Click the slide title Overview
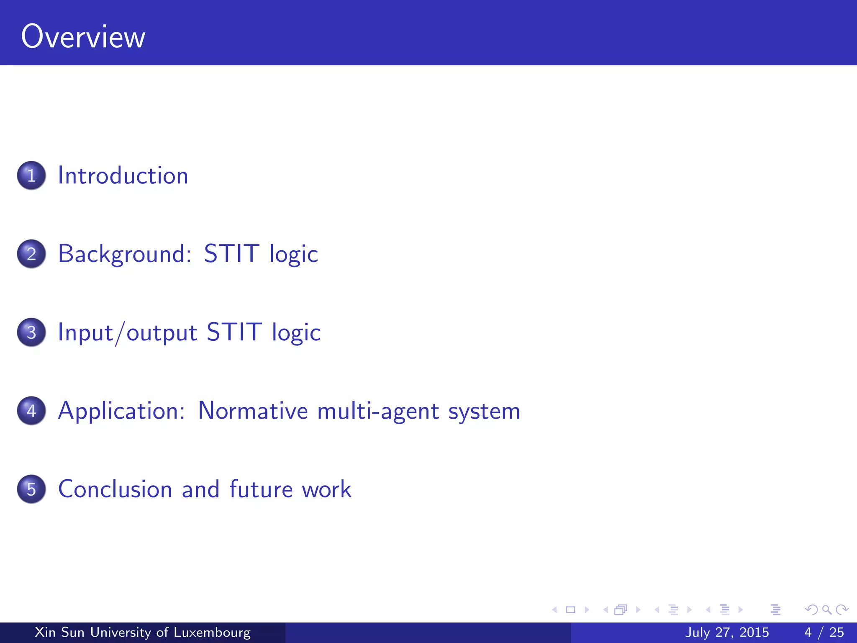click(83, 37)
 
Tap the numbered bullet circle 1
click(31, 175)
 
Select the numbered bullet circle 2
click(31, 254)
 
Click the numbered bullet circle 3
click(31, 332)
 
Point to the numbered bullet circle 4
click(31, 411)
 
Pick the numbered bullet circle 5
click(31, 489)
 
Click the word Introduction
click(123, 175)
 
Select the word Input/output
click(127, 332)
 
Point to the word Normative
click(253, 411)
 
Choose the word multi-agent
click(378, 411)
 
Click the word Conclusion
click(115, 489)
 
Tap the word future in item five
click(261, 489)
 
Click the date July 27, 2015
click(727, 632)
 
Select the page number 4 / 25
click(824, 632)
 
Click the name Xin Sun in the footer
click(59, 632)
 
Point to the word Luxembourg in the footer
click(212, 632)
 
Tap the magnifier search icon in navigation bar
click(826, 610)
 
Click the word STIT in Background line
click(231, 254)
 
